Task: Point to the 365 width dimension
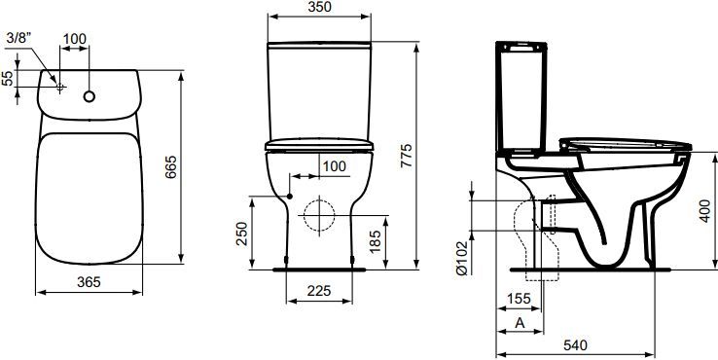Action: pyautogui.click(x=89, y=280)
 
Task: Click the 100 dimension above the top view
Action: pyautogui.click(x=75, y=38)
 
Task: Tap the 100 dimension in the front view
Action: pyautogui.click(x=334, y=166)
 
